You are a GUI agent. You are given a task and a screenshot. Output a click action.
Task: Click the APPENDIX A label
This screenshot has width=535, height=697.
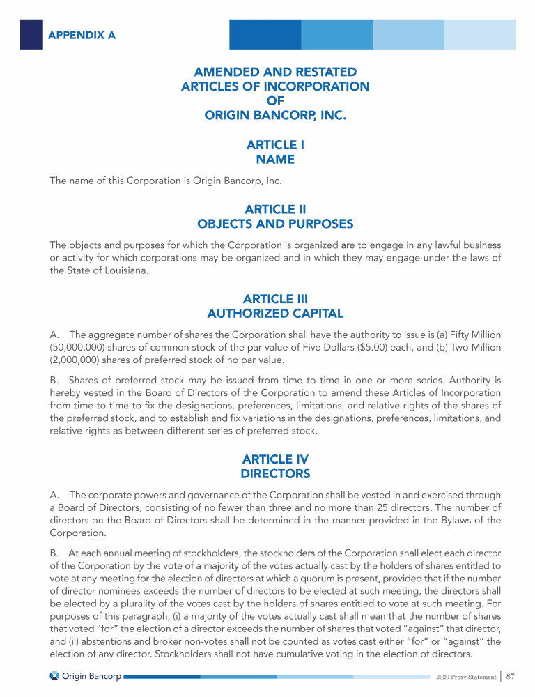coord(81,34)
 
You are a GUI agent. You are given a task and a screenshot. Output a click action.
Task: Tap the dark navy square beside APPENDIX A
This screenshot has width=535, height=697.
coord(31,34)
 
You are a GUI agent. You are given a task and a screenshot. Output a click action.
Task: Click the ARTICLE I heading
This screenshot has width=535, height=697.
coord(275,145)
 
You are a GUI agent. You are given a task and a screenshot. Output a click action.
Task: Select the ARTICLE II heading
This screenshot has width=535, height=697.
coord(275,209)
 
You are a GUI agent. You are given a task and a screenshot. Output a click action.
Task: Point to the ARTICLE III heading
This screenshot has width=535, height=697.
coord(275,299)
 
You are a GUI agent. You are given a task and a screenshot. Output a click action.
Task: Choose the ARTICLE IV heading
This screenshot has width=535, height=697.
coord(275,459)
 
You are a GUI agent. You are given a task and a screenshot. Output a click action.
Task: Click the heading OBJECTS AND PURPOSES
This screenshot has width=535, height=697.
coord(275,224)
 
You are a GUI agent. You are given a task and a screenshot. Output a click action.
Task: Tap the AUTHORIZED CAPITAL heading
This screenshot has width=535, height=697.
coord(275,314)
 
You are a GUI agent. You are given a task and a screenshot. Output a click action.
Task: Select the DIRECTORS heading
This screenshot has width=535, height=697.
coord(275,474)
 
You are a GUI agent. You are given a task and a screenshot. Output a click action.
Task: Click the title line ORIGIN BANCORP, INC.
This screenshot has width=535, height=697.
coord(275,115)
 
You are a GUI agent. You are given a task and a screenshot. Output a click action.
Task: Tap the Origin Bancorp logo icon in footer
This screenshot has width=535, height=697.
coord(54,676)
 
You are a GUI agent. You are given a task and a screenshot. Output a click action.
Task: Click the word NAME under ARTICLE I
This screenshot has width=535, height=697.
coord(275,160)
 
